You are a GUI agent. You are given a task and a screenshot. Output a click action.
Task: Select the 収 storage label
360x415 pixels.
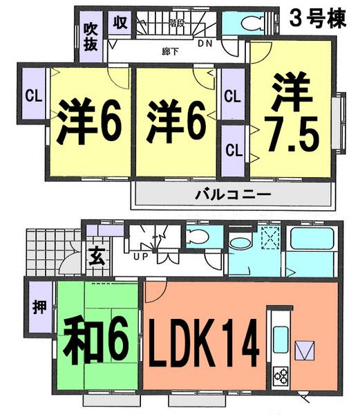click(x=119, y=23)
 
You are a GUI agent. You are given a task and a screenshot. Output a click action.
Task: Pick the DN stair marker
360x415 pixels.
click(x=205, y=43)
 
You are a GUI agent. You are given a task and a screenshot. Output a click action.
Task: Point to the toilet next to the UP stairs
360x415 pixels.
click(x=196, y=237)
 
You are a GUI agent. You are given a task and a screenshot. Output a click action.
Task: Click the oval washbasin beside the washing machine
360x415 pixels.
click(x=240, y=243)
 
